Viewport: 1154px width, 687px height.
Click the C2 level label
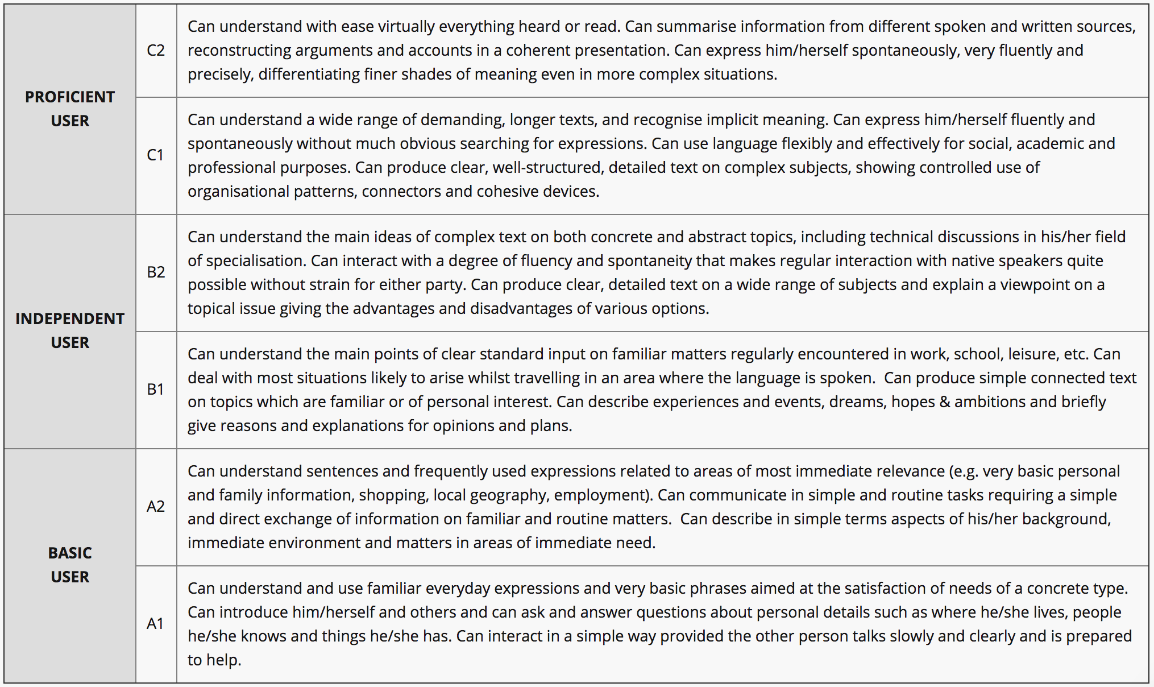coord(156,51)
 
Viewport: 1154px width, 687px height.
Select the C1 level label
coord(155,155)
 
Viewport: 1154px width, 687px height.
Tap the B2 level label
coord(156,272)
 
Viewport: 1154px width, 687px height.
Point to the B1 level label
coord(155,390)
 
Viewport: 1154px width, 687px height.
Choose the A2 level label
coord(156,507)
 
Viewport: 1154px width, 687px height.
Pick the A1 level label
coord(155,624)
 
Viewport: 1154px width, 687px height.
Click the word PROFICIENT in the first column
coord(70,97)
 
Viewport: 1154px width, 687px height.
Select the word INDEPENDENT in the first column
coord(70,319)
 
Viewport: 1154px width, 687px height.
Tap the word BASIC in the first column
coord(70,553)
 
